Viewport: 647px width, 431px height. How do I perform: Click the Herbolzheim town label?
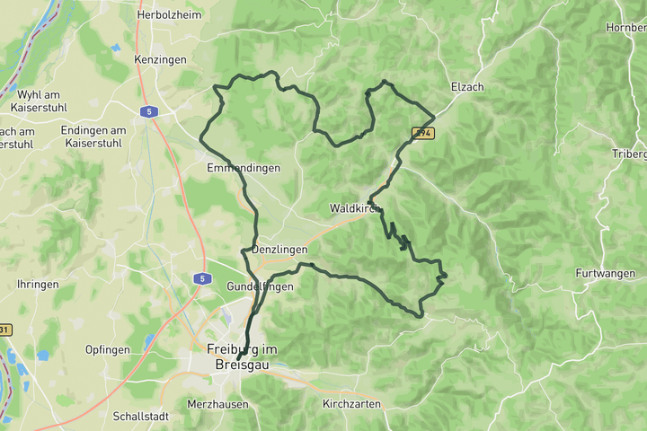coord(169,14)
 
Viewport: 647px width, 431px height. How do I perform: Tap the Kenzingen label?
coord(160,59)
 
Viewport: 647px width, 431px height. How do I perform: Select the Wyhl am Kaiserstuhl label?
coord(37,101)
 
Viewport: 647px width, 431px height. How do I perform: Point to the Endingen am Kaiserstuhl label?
coord(93,136)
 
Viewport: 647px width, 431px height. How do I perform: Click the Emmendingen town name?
coord(243,168)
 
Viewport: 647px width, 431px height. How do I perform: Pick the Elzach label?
coord(467,87)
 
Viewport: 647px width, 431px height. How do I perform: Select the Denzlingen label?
coord(279,250)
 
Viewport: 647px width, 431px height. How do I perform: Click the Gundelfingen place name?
coord(260,286)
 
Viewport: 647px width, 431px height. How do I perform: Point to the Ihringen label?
coord(38,285)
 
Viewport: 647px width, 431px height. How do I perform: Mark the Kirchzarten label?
coord(351,404)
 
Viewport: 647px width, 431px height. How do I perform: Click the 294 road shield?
coord(423,133)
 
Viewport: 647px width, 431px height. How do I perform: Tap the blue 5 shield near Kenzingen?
coord(149,111)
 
